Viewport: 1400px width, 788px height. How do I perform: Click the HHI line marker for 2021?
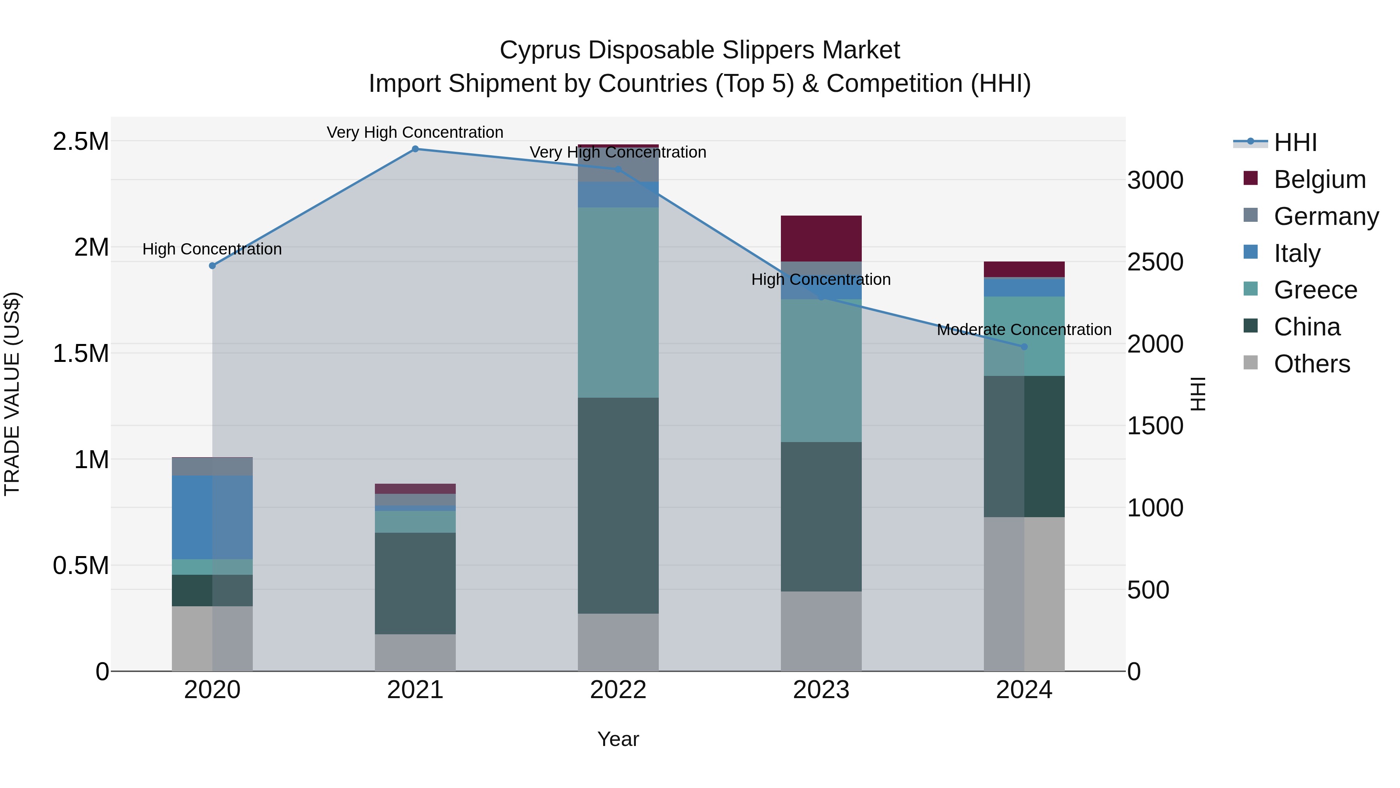pos(415,149)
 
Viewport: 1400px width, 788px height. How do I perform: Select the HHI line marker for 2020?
pos(212,266)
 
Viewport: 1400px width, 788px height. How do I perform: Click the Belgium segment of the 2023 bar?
pos(821,239)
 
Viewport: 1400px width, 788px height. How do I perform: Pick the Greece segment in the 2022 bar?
pos(618,302)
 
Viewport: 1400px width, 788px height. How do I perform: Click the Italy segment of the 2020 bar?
pos(212,517)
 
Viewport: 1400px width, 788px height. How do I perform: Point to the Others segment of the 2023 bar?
pos(821,631)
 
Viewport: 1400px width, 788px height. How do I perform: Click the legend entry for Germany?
pos(1326,216)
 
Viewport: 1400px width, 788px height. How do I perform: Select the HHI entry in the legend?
pos(1295,142)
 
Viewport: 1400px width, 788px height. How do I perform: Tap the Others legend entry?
pos(1311,364)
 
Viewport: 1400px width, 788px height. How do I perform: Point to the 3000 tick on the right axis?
pos(1155,181)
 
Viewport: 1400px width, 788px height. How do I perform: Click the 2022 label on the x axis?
pos(618,690)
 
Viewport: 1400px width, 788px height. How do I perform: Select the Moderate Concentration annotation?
pos(1024,330)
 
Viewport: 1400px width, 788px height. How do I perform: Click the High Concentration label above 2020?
pos(212,249)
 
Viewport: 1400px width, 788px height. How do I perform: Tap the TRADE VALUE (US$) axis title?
pos(12,394)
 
